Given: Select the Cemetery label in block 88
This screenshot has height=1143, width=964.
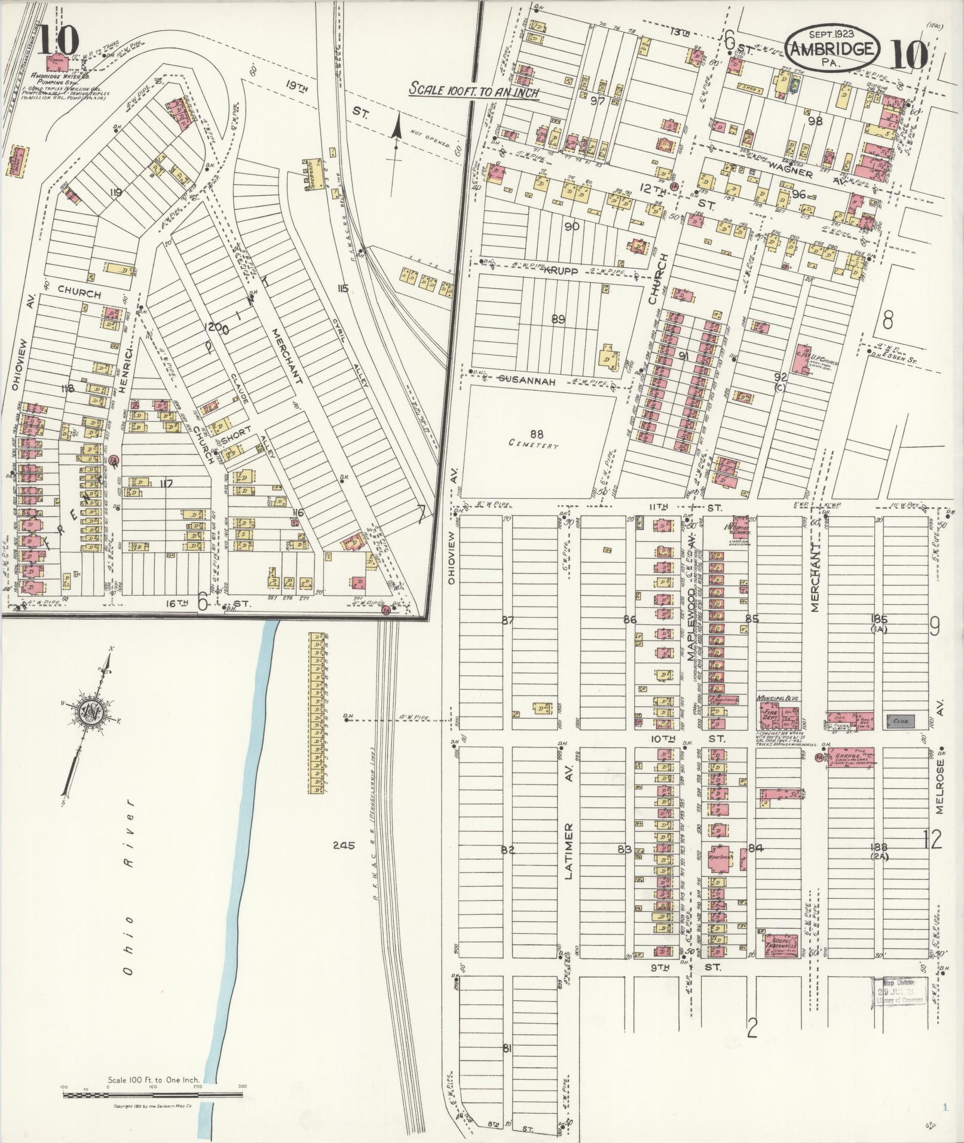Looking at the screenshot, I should (x=534, y=446).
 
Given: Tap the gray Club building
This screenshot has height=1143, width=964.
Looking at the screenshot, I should (x=899, y=721).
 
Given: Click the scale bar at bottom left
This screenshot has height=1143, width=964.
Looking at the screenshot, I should (x=153, y=1095).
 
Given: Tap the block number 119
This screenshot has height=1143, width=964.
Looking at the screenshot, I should (x=116, y=192).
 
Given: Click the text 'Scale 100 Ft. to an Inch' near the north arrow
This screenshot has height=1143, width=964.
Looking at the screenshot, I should (x=474, y=92).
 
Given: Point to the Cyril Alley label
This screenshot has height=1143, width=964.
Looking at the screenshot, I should (x=357, y=365).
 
